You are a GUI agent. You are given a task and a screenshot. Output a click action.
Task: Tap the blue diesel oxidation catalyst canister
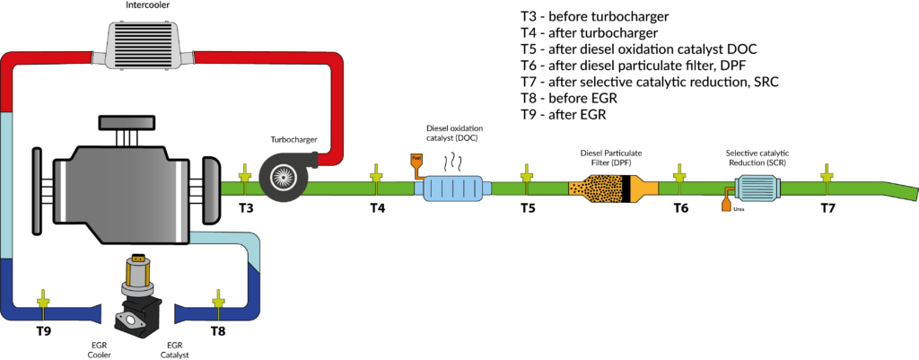[454, 188]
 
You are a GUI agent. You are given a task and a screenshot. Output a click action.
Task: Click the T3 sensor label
[246, 208]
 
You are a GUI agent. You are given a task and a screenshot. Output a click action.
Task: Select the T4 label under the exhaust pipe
[377, 208]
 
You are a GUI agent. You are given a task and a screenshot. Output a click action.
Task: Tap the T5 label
[527, 208]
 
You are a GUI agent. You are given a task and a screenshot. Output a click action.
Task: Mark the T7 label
[827, 208]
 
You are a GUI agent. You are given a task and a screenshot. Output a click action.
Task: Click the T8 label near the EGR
[217, 331]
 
